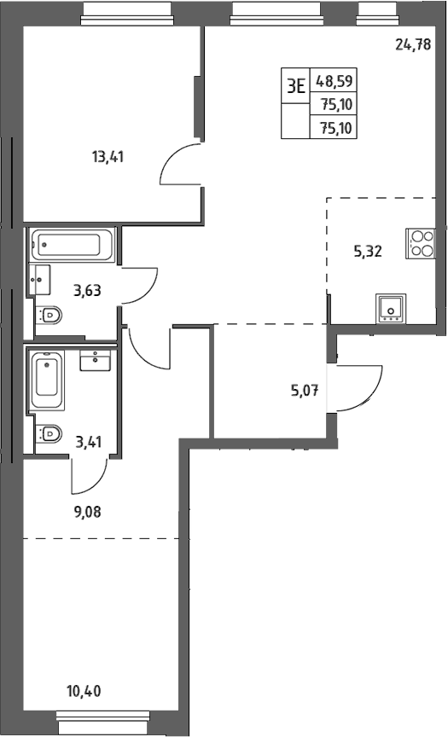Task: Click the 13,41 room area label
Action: pos(108,156)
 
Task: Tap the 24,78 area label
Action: pos(413,45)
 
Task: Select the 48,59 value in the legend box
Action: pos(335,81)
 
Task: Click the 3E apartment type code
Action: pos(296,86)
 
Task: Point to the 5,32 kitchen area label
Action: pos(368,252)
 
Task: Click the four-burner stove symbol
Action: pos(420,243)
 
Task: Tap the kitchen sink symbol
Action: pos(391,308)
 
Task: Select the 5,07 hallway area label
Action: pos(305,390)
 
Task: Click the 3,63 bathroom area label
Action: pos(87,291)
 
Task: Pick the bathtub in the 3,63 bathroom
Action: pos(73,245)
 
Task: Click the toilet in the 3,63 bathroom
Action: pos(49,315)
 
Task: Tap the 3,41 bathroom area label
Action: pos(89,442)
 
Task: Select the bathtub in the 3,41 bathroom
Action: pos(48,380)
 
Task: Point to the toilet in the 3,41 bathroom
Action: pos(49,433)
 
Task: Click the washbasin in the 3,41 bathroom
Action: pos(95,360)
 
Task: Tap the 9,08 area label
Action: pos(87,512)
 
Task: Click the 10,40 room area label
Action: pos(84,691)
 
